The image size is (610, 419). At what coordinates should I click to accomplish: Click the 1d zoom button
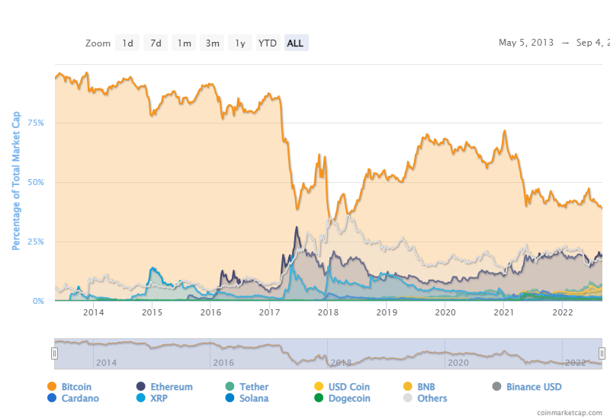pos(127,43)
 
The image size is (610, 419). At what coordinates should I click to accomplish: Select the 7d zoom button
pos(156,43)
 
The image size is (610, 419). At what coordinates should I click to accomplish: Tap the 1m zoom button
pos(184,43)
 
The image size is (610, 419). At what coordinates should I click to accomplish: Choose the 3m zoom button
pos(212,43)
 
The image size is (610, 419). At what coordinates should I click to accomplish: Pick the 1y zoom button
pos(239,43)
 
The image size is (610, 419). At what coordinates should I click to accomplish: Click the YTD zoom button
pos(268,43)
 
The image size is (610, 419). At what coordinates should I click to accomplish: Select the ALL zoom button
pos(295,43)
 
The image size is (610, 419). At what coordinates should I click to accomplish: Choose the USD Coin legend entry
pos(349,387)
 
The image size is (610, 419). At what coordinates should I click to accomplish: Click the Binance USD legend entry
pos(534,387)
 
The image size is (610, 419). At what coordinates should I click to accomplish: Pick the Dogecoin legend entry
pos(349,398)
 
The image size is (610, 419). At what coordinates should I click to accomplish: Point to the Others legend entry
pos(432,398)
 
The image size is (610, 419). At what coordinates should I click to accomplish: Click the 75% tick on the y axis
pos(35,123)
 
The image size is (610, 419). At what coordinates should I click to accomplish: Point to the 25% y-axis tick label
pos(35,241)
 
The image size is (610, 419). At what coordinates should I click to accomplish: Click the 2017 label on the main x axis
pos(270,312)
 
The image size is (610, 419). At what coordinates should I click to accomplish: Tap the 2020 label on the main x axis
pos(445,312)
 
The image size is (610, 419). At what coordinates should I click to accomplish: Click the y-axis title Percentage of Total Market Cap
pos(16,181)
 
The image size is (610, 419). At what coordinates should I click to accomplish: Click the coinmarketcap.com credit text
pos(569,412)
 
